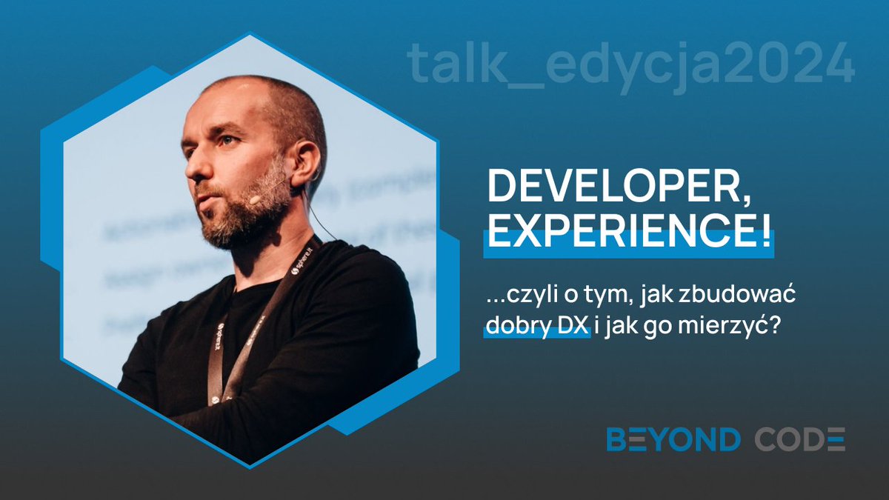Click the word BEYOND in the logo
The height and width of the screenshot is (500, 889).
(673, 439)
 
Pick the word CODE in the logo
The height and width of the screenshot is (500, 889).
(799, 439)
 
